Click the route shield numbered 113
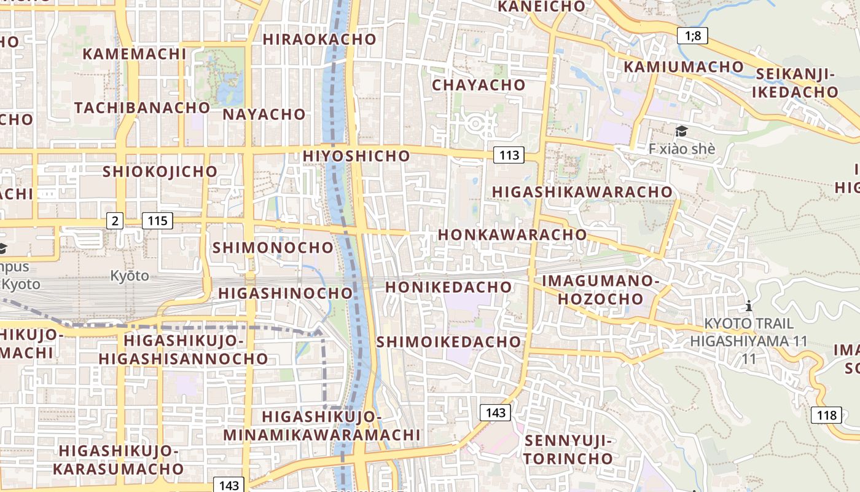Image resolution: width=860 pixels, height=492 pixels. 509,155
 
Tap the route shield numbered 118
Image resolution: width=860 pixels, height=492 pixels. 826,415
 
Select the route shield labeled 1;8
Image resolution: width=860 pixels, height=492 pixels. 692,36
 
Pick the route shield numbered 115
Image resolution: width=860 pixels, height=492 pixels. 157,220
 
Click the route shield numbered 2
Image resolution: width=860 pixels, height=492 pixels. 115,220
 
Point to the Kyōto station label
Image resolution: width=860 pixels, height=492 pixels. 130,276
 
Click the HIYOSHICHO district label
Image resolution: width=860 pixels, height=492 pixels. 356,156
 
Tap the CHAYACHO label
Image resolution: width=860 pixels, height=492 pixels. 479,85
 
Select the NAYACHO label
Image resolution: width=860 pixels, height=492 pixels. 264,114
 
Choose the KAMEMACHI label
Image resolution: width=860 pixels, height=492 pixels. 134,54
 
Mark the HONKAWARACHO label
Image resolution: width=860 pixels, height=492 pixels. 512,234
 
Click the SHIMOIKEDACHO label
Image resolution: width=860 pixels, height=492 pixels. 448,341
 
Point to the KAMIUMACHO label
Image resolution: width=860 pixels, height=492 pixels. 684,66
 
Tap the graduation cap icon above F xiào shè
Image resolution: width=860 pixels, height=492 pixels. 681,131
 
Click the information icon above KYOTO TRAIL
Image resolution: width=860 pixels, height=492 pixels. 748,305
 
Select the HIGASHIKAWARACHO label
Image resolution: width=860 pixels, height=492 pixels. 582,192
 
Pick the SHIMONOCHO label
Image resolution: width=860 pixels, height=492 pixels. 273,248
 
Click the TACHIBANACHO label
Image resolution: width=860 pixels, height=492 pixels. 142,108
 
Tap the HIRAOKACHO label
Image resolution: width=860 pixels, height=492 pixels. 319,39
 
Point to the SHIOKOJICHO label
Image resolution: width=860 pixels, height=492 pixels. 160,171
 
